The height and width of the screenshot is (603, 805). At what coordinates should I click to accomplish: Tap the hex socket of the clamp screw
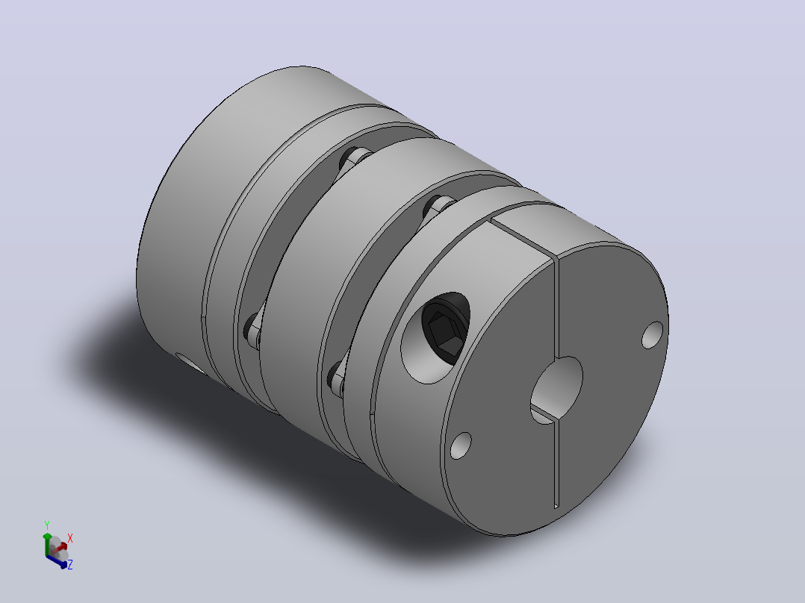[x=444, y=334]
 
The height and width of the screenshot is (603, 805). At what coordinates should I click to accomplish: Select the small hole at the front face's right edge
[x=652, y=334]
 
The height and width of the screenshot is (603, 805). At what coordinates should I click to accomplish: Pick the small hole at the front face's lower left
[x=461, y=445]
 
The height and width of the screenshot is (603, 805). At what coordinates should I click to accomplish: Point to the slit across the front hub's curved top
[x=523, y=240]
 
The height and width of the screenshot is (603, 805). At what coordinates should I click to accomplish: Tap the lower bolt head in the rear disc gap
[x=254, y=329]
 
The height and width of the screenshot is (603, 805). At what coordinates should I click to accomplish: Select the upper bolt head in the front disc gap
[x=438, y=206]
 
